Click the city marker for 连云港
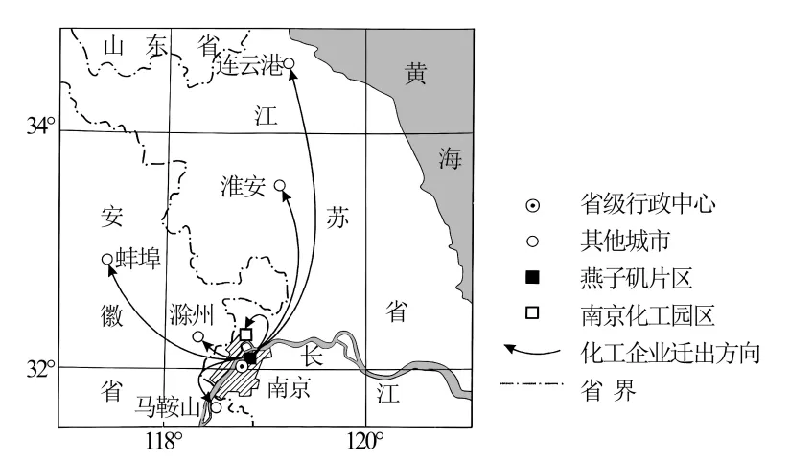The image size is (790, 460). tap(289, 64)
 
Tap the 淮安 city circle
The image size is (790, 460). tap(280, 185)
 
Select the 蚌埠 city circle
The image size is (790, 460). tap(107, 259)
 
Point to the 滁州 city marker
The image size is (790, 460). tap(198, 336)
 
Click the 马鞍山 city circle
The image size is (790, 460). tap(217, 407)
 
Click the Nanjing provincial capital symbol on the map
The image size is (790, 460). tap(242, 366)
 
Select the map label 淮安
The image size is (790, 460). tap(242, 186)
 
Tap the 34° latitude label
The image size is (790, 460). tap(43, 126)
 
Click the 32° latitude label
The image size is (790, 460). tap(43, 368)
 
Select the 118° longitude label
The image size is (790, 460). tap(165, 441)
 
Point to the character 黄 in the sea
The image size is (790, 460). tap(414, 74)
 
